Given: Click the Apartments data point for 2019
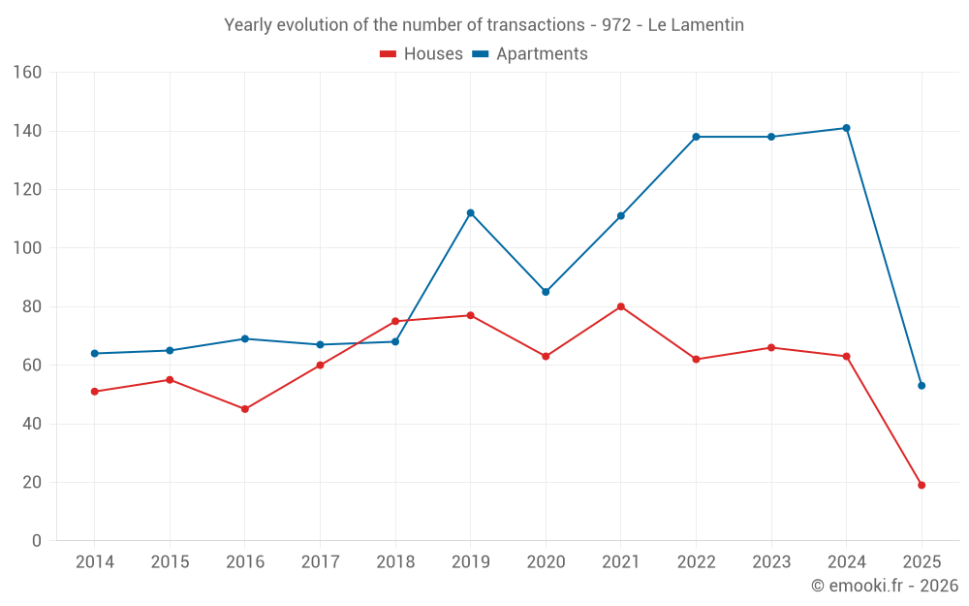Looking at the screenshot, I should coord(470,213).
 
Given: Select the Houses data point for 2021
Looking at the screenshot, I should coord(621,306).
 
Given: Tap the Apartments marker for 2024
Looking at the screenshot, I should coord(847,128).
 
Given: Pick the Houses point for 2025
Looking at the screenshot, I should coord(922,485).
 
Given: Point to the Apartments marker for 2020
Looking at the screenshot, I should coord(546,292).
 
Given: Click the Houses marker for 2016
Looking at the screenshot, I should coord(244,409).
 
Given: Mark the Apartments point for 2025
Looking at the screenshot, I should coord(922,386).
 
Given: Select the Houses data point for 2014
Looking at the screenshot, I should coord(94,392).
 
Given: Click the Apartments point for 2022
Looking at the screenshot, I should coord(696,137).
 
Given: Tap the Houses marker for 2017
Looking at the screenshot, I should coord(320,366).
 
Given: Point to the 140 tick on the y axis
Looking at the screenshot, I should coord(27,131).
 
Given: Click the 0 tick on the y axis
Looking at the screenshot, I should coord(36,541).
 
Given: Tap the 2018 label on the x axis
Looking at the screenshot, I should coord(395,562).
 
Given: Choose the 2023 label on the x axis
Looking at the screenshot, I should coord(771,562).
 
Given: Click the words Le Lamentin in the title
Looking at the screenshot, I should coord(696,25).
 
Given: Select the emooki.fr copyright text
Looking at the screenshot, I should coord(885,586).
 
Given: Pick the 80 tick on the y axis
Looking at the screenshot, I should coord(31,306).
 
